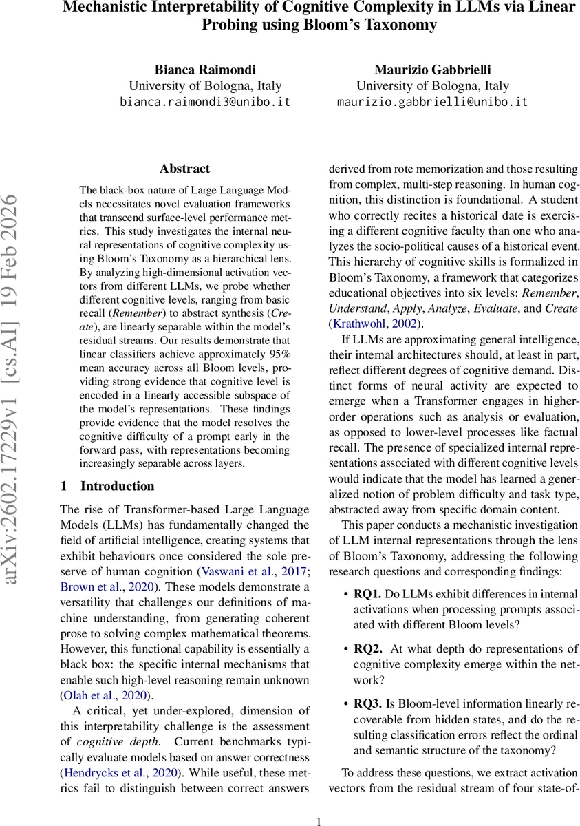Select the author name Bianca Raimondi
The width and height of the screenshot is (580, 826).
(205, 70)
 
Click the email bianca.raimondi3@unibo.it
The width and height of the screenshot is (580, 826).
(205, 102)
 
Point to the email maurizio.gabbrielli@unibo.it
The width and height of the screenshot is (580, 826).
(432, 102)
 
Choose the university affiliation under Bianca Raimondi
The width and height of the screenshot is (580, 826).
(205, 86)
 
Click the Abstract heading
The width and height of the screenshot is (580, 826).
(184, 169)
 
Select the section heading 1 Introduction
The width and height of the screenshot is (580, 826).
(107, 486)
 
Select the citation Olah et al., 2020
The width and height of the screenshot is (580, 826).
(108, 694)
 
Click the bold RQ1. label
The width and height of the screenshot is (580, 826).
(367, 593)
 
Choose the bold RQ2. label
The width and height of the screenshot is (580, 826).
(367, 649)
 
